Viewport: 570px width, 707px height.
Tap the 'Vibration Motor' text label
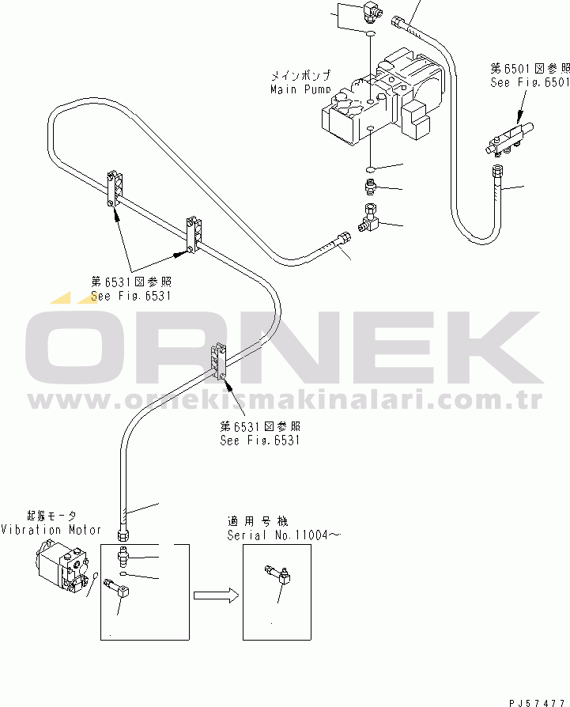(51, 530)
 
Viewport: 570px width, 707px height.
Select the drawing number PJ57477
(537, 700)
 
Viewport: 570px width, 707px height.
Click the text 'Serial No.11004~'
(283, 535)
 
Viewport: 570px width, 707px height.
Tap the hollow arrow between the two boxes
(216, 595)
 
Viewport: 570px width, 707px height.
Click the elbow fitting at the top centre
(372, 10)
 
